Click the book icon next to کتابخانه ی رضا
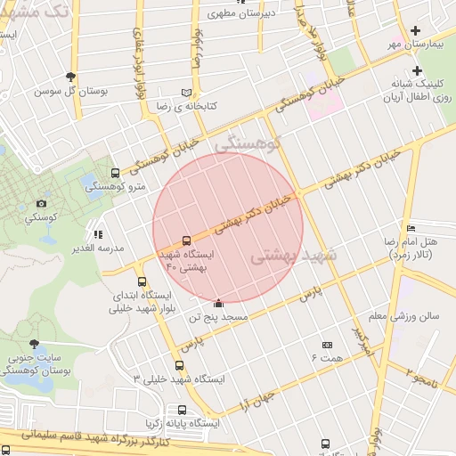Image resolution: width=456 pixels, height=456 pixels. [186, 93]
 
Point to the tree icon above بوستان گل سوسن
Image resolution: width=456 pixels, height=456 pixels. [71, 77]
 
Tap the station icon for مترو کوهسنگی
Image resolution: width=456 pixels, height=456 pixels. [114, 173]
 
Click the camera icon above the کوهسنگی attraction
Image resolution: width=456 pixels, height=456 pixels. [41, 204]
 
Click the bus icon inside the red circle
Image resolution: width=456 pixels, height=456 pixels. [186, 240]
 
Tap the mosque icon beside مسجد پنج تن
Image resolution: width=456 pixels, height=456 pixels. [219, 304]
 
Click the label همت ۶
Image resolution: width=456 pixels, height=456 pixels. [327, 357]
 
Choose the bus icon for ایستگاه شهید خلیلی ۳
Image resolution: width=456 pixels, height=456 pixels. [180, 365]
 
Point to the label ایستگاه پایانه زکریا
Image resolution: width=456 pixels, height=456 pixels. [181, 424]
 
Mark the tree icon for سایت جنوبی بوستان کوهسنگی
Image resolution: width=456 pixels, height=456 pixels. [34, 343]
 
